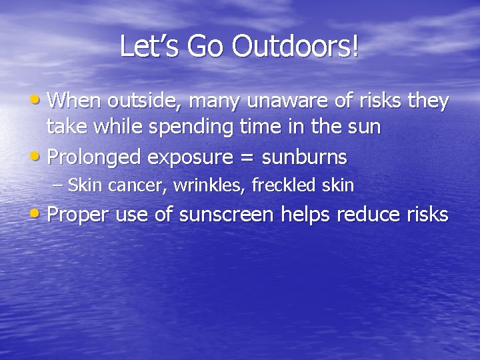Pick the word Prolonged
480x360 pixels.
[x=96, y=157]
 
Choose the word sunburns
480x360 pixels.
[x=305, y=157]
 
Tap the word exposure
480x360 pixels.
[x=192, y=158]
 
